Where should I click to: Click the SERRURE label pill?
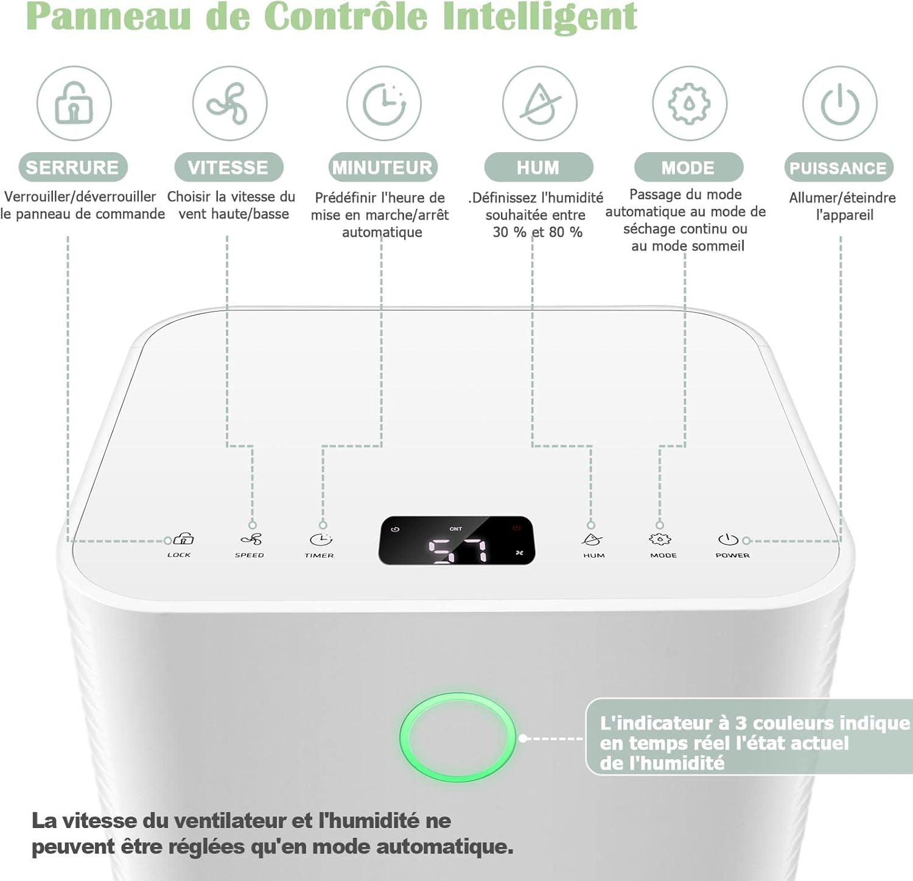point(73,167)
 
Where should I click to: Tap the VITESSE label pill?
point(229,167)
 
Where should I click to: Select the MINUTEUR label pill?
point(383,167)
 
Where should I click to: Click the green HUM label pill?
point(539,167)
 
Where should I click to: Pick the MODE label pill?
point(689,167)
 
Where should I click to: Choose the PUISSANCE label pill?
point(839,167)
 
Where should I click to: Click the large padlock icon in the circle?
point(74,102)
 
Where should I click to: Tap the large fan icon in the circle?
point(228,103)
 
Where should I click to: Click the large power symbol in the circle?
point(840,104)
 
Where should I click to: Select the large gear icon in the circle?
point(689,104)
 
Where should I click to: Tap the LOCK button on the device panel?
point(181,544)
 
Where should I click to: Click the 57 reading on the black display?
point(458,550)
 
